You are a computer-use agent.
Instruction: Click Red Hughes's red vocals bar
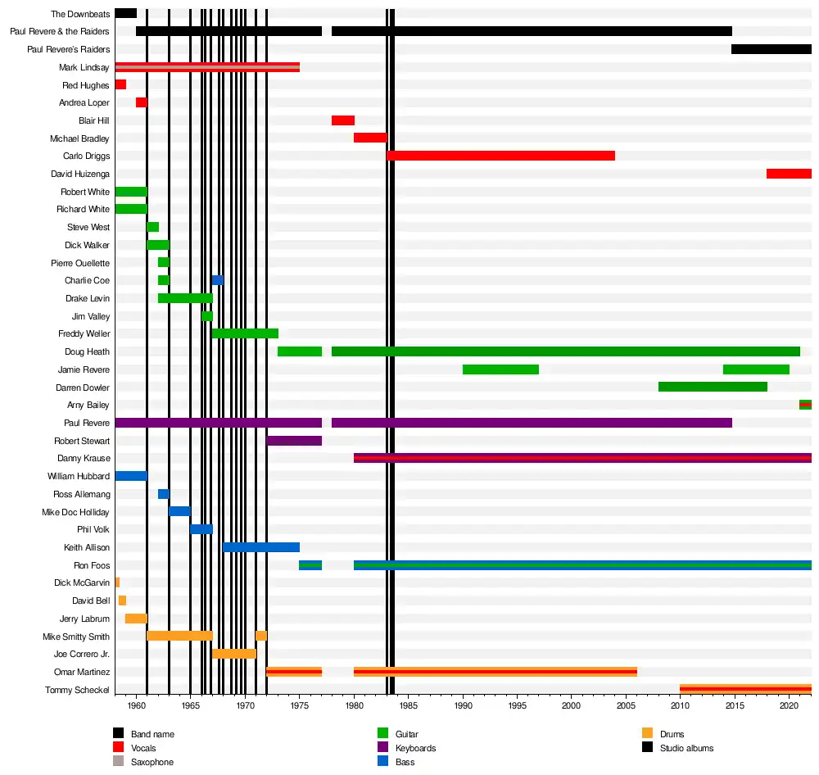(120, 84)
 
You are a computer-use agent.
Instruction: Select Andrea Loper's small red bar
(142, 102)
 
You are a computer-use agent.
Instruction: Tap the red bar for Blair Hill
(343, 120)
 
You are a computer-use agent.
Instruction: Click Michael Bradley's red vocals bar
(370, 138)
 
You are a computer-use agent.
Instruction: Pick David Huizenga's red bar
(789, 174)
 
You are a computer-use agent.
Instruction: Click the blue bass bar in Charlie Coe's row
(217, 280)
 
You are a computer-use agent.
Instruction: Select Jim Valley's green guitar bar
(207, 316)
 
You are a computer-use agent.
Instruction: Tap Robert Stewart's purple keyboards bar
(294, 441)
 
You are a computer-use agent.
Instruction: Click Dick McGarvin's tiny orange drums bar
(117, 582)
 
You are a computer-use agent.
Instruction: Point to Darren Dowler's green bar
(713, 387)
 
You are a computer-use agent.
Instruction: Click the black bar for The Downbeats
(125, 13)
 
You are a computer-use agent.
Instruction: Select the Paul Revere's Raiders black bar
(771, 49)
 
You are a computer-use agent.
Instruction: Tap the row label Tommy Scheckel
(77, 690)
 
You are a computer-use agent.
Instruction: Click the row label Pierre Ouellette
(80, 263)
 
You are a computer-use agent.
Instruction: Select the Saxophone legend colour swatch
(119, 762)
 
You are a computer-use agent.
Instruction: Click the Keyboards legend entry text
(415, 748)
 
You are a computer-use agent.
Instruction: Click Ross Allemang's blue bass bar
(164, 494)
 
